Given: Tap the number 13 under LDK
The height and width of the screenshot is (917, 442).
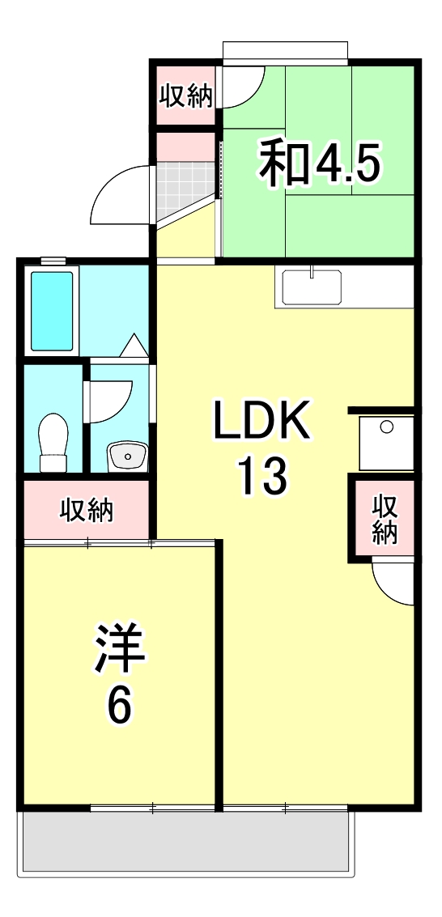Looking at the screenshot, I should click(261, 476).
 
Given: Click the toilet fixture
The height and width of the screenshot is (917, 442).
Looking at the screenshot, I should click(53, 442).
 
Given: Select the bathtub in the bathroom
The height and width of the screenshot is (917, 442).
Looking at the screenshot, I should click(53, 310).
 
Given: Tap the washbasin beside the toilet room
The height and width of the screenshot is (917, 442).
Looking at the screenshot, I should click(125, 456).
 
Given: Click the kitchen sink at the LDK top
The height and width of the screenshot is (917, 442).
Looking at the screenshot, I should click(312, 287).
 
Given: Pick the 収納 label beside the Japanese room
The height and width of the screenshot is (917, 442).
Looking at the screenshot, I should click(185, 96).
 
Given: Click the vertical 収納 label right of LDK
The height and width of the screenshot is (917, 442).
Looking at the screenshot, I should click(384, 519).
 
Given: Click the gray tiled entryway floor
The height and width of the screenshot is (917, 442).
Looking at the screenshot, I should click(185, 185).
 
